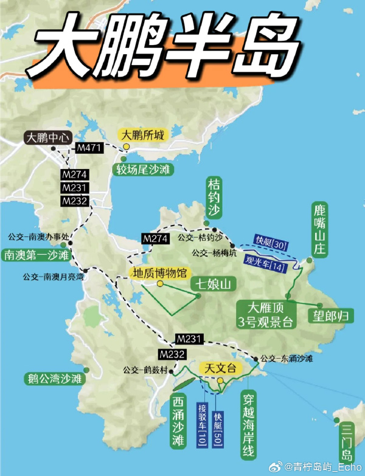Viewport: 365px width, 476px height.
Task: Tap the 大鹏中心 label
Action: pos(49,137)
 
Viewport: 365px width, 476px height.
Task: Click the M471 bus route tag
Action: pos(89,148)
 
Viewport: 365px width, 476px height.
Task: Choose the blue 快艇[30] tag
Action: pos(269,240)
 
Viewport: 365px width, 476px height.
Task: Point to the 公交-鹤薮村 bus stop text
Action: pos(145,368)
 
